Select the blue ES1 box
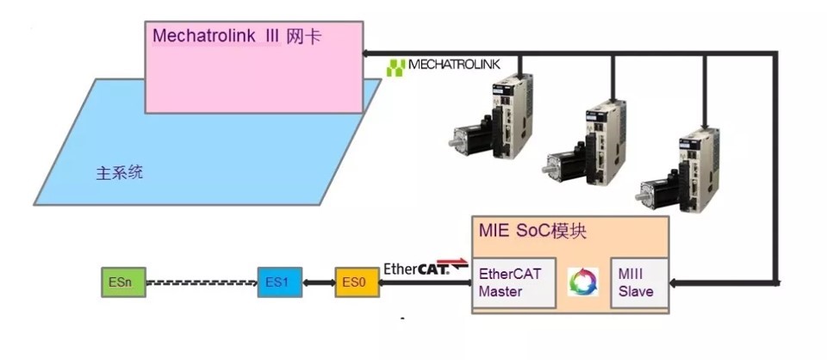pos(280,282)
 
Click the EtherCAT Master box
pos(515,282)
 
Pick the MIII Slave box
pos(637,282)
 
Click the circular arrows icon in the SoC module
pos(582,282)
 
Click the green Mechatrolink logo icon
pos(395,67)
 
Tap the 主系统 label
pos(119,173)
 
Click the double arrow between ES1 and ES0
pos(319,282)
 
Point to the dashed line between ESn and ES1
pos(201,282)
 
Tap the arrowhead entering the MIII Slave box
pos(674,282)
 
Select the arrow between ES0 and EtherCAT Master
pos(426,282)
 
